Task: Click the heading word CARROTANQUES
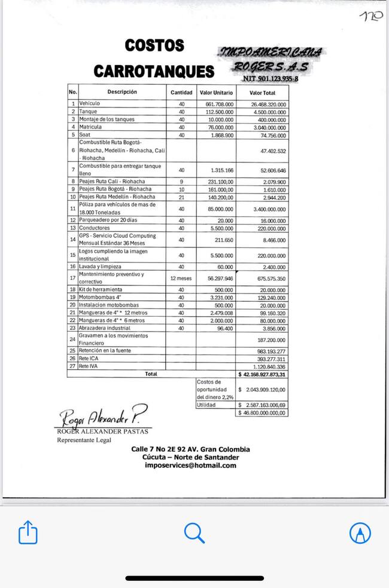(x=153, y=72)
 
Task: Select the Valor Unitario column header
(x=216, y=93)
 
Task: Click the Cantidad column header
(x=181, y=93)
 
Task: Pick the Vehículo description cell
(x=90, y=103)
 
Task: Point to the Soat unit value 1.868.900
(x=222, y=135)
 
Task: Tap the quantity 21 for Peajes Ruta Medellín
(x=181, y=197)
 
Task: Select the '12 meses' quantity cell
(x=181, y=278)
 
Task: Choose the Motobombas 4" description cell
(x=100, y=297)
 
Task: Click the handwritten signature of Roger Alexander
(x=102, y=416)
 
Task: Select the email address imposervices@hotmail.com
(x=190, y=465)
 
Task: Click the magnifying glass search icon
(x=194, y=532)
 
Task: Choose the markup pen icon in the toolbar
(x=360, y=532)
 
